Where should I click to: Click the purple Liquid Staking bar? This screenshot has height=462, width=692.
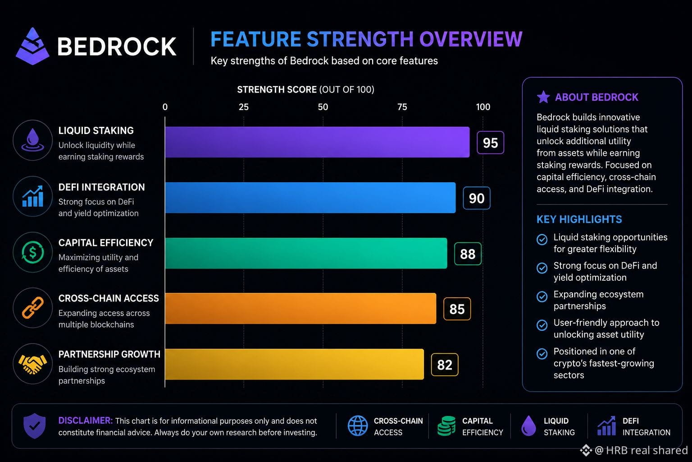pos(317,142)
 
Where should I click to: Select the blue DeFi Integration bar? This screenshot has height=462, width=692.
pos(310,198)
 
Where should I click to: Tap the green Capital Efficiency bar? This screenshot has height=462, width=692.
pos(306,253)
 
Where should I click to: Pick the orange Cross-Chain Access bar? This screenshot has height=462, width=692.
pos(300,309)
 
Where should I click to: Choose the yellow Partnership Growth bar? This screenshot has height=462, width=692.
pos(294,364)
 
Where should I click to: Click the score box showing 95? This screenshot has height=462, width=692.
pos(490,143)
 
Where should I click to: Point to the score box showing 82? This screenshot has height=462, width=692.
pos(445,365)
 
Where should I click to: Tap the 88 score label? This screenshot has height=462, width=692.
pos(468,254)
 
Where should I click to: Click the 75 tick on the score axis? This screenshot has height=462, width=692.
pos(402,107)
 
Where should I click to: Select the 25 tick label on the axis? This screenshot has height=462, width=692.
pos(243,107)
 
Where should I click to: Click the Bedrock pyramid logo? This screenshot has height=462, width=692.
pos(32,46)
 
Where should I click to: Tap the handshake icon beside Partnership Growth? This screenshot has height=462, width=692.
pos(32,364)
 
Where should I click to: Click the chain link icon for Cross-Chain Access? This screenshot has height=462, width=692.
pos(33,308)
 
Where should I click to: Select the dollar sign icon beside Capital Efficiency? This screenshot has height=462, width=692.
pos(33,252)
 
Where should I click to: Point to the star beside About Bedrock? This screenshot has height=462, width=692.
pos(543,97)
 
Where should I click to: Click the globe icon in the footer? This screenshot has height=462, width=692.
pos(358,426)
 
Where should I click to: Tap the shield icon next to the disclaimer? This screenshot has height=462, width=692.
pos(35,426)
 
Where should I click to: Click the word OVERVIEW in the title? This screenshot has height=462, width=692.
pos(471,39)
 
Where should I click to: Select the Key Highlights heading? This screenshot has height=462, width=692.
pos(579,219)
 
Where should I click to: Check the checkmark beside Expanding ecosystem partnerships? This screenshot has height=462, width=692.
pos(542,296)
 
